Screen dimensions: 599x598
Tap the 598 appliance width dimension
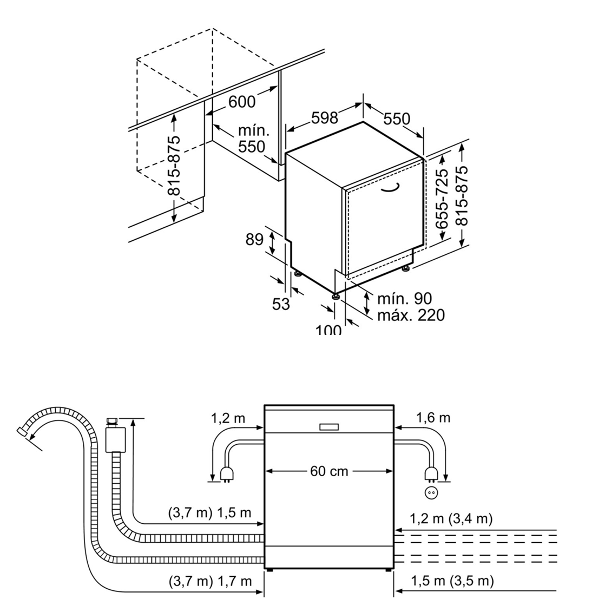tap(324, 117)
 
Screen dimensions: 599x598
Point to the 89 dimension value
tap(254, 239)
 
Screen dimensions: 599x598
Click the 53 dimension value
tap(281, 304)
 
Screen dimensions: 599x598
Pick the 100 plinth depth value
tap(328, 329)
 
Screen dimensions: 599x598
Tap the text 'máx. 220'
tap(411, 314)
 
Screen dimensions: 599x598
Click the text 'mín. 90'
tap(404, 298)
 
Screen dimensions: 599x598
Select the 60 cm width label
tap(329, 471)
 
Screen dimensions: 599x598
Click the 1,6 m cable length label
tap(433, 417)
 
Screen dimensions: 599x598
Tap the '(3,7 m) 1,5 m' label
tap(210, 512)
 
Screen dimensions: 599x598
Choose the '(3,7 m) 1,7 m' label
tap(210, 581)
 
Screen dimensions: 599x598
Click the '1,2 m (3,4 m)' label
tap(451, 518)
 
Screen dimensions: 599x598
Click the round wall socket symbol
tap(432, 493)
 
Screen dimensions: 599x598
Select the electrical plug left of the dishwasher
tap(226, 474)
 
